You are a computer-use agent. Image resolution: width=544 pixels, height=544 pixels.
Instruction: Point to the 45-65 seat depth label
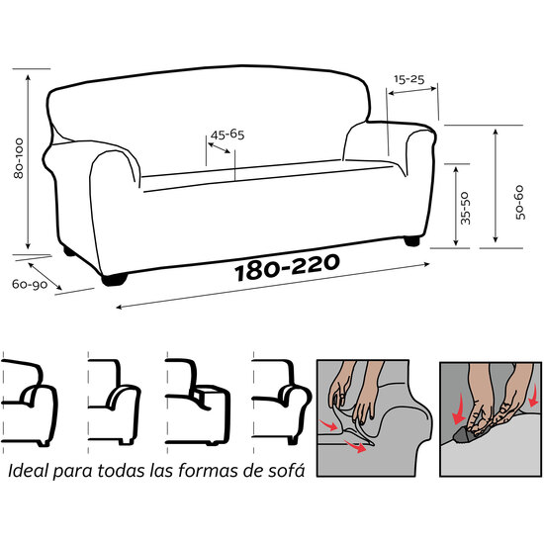coord(227,134)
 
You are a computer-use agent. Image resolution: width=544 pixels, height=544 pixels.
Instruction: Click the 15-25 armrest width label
coord(408,76)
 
